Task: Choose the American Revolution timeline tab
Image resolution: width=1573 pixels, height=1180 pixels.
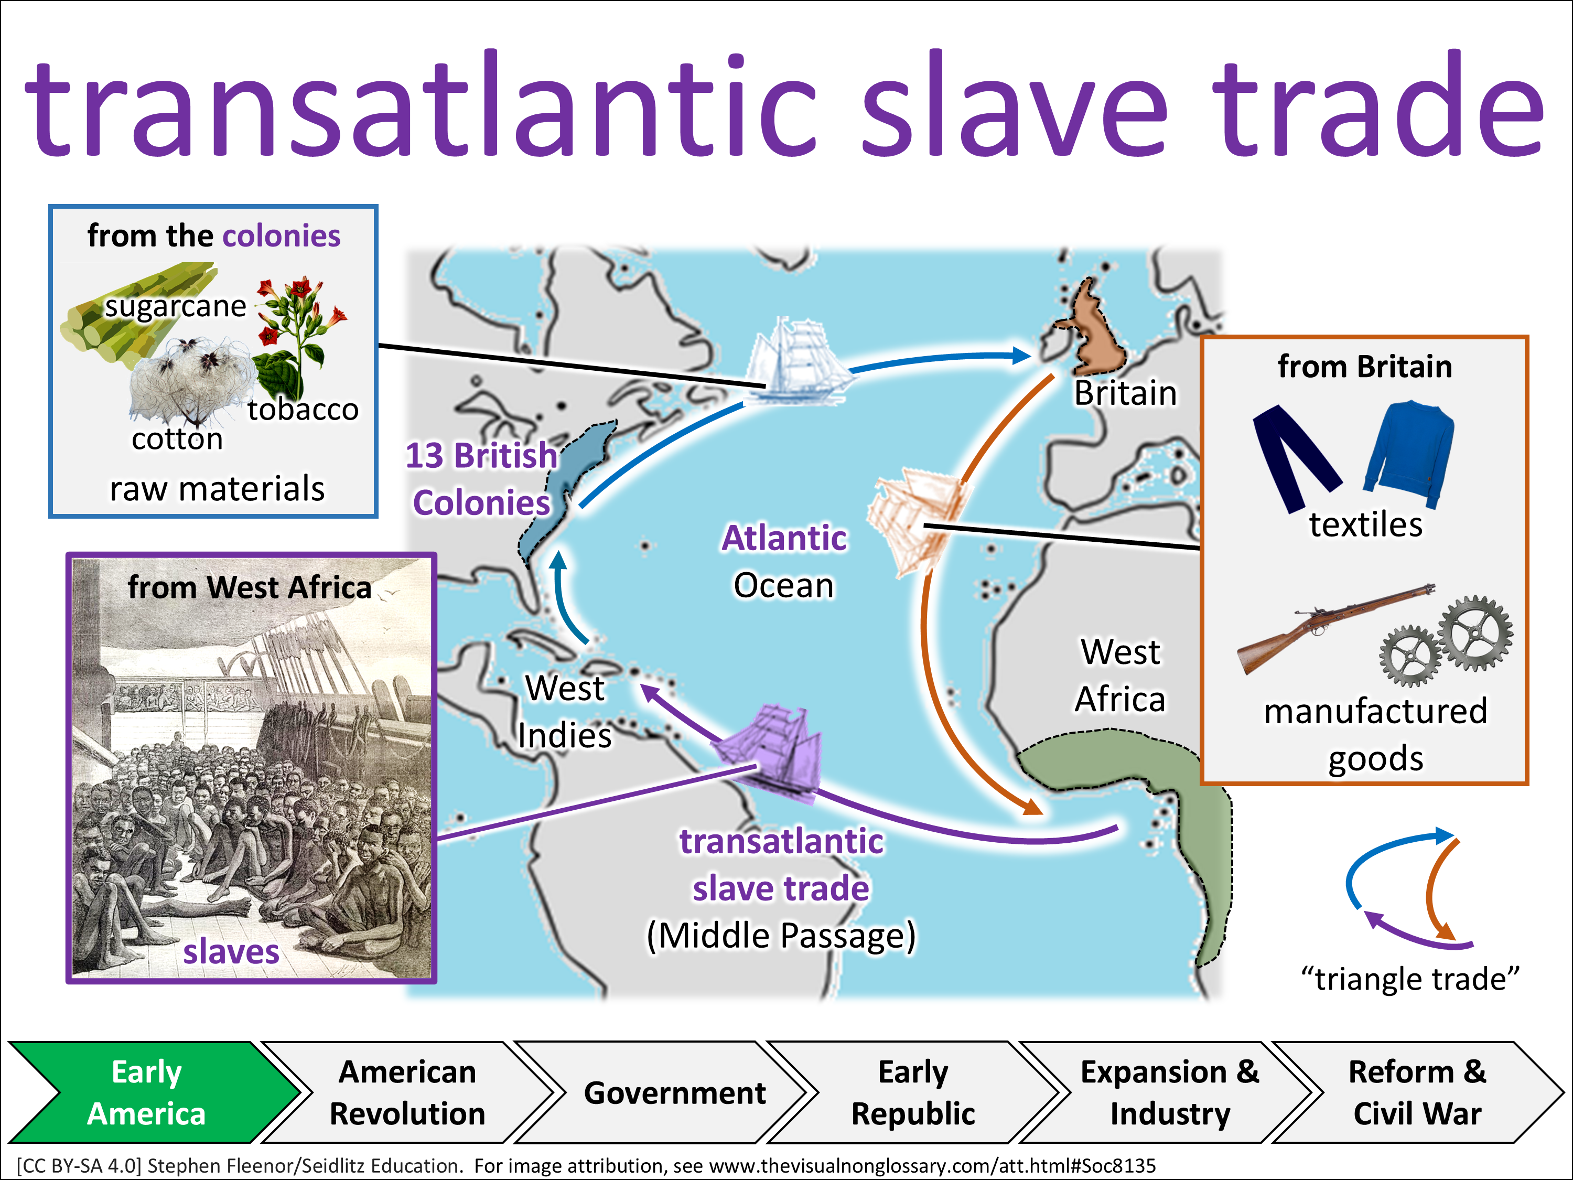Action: [407, 1092]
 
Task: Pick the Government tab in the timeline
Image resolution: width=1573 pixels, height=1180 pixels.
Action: [674, 1092]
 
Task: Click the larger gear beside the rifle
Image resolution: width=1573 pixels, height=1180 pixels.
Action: [1475, 633]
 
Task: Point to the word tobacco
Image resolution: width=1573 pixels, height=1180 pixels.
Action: [303, 409]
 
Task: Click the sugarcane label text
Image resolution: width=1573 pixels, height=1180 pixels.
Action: [176, 306]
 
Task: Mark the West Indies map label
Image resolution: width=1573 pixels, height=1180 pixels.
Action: [565, 711]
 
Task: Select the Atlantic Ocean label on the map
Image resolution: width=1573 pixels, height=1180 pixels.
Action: [784, 562]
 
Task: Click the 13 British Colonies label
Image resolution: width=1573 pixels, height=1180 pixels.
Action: [481, 479]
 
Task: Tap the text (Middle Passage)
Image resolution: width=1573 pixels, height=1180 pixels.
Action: [781, 935]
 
